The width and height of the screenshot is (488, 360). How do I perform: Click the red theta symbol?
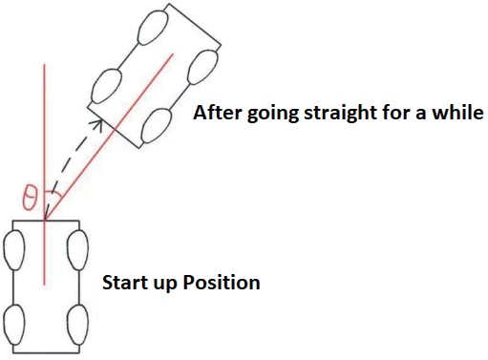tap(30, 198)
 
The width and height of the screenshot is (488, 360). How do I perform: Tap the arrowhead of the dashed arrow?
tap(97, 124)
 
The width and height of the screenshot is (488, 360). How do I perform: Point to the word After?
tap(217, 113)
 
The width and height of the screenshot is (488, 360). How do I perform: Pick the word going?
tap(273, 115)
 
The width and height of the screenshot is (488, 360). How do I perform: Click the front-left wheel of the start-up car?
tap(14, 251)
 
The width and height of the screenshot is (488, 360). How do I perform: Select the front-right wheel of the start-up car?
tap(77, 250)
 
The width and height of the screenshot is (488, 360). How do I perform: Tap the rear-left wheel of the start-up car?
tap(14, 325)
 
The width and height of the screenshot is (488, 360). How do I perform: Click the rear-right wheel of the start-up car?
tap(77, 325)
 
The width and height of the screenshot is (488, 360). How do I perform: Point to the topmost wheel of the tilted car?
tap(153, 28)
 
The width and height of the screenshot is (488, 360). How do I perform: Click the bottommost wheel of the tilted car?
tap(157, 126)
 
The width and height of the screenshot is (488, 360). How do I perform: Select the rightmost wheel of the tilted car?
tap(202, 68)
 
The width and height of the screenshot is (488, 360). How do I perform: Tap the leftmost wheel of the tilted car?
tap(106, 86)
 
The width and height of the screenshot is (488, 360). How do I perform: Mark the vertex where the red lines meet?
tap(45, 220)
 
